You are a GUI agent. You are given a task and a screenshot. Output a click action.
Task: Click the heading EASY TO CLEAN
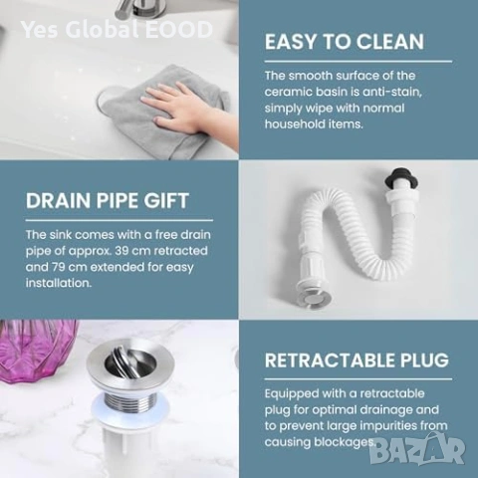(345, 42)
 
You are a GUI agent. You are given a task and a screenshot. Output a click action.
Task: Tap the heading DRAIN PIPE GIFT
(108, 200)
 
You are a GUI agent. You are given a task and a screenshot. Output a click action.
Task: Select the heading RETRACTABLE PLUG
(357, 360)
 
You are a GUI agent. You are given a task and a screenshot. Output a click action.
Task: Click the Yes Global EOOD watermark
(117, 29)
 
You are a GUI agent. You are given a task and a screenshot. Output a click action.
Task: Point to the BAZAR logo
(417, 449)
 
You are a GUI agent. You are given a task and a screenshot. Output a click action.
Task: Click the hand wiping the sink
(181, 107)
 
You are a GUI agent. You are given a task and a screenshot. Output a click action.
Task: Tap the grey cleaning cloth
(159, 113)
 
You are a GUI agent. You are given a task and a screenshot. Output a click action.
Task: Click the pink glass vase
(37, 351)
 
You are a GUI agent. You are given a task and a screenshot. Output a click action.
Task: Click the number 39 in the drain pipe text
(122, 251)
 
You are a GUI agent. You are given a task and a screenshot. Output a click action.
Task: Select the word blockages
(346, 442)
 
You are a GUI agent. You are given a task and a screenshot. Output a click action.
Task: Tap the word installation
(59, 283)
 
